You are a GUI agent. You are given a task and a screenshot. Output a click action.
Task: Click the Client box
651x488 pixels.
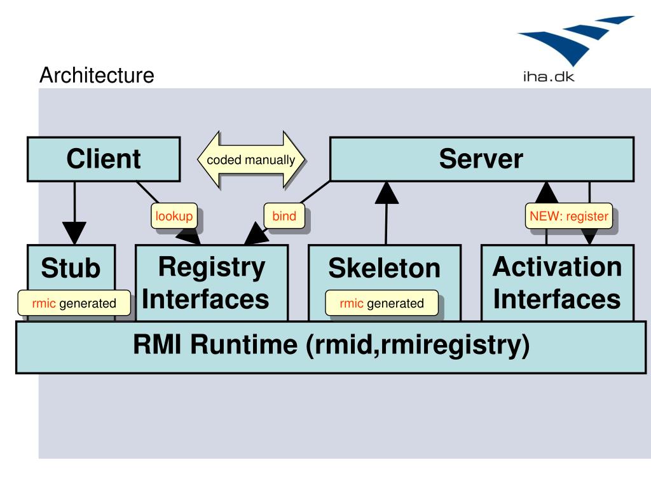(x=104, y=159)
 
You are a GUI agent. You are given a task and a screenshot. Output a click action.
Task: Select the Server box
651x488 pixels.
(x=482, y=159)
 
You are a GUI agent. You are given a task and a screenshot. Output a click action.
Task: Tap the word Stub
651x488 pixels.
(x=71, y=268)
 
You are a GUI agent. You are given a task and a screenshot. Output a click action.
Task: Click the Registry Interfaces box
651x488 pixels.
(x=212, y=283)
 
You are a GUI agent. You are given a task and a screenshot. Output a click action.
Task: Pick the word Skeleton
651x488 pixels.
(x=384, y=268)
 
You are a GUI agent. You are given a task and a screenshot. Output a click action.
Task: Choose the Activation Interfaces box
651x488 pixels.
(x=557, y=283)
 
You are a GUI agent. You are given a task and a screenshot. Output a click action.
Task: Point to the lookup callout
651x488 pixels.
(x=174, y=216)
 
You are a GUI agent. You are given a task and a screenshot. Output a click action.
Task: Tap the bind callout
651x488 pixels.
(x=284, y=216)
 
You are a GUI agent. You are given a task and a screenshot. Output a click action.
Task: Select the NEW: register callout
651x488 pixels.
(x=569, y=216)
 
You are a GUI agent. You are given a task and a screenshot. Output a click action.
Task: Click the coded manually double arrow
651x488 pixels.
(x=250, y=159)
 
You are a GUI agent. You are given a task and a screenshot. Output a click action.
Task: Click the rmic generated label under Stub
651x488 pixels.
(x=74, y=303)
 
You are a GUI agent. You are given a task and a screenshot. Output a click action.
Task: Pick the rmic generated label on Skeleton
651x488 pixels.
(x=381, y=303)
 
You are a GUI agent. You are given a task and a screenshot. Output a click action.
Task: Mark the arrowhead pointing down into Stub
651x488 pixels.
(x=74, y=233)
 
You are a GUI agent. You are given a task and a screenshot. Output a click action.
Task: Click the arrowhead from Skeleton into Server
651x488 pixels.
(x=387, y=193)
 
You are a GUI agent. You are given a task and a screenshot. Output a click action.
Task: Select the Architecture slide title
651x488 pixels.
(x=97, y=75)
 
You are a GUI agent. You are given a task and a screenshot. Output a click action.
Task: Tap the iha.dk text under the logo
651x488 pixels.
(x=549, y=77)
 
